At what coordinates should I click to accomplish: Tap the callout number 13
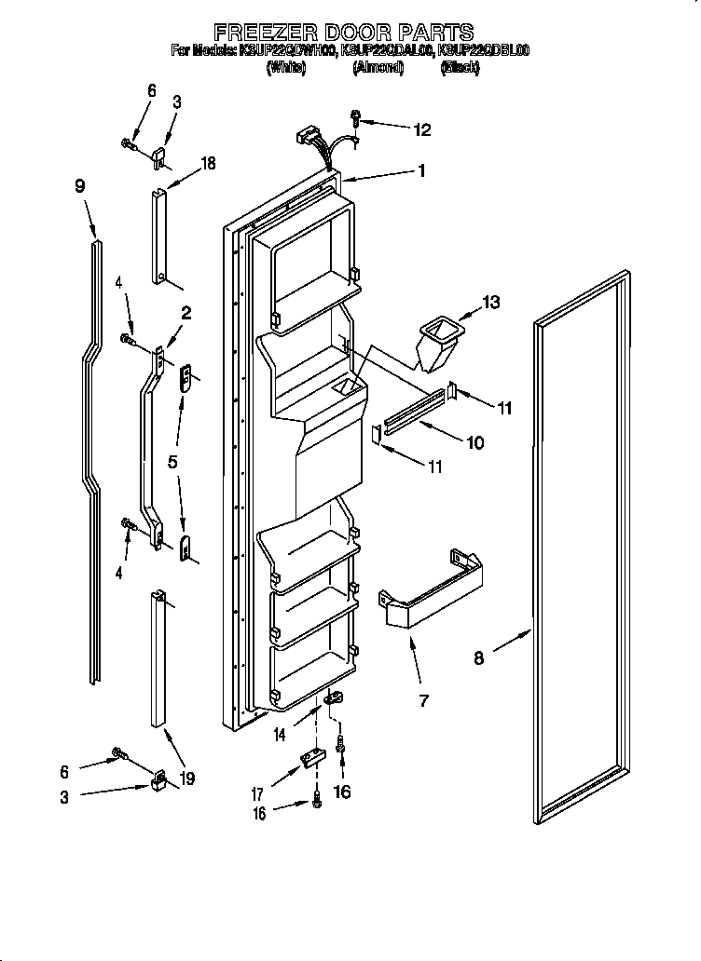point(490,302)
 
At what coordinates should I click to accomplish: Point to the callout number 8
point(478,659)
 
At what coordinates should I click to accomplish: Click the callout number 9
point(80,185)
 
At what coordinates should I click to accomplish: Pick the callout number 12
point(422,130)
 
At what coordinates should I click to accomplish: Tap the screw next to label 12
point(356,118)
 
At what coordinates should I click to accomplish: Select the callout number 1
point(421,170)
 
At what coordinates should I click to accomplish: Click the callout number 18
point(208,163)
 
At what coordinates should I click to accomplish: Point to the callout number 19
point(188,778)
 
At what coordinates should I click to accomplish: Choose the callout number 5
point(173,461)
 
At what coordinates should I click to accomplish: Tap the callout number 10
point(474,443)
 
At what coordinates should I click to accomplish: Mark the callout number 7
point(423,699)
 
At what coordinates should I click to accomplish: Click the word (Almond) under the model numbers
point(378,68)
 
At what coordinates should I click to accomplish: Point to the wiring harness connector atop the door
point(307,142)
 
